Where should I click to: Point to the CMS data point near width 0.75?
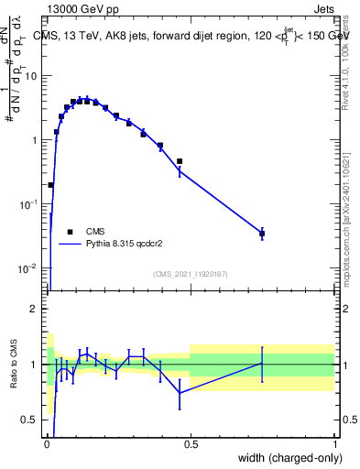[x=262, y=234]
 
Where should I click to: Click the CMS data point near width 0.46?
[x=180, y=161]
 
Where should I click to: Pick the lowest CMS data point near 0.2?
[x=50, y=185]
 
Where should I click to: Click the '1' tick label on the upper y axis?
[x=34, y=140]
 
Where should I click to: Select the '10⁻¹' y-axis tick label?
[x=28, y=203]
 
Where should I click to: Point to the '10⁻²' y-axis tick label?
[x=28, y=267]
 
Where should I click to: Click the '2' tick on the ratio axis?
[x=34, y=309]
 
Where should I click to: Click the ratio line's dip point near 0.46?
[x=180, y=393]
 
